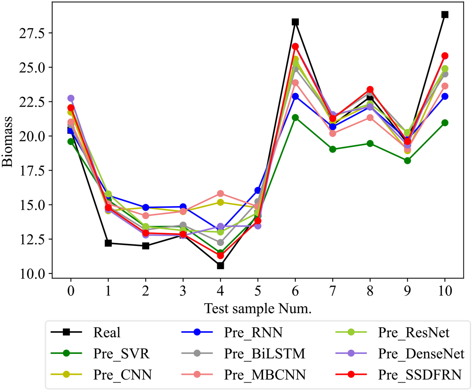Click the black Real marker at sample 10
(x=445, y=15)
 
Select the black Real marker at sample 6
(x=295, y=22)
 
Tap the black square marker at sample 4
(x=220, y=266)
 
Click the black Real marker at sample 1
(x=108, y=243)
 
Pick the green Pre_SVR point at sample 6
(x=295, y=117)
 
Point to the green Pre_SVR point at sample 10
(x=445, y=123)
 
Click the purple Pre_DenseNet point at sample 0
(x=71, y=98)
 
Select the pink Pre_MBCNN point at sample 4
(x=220, y=194)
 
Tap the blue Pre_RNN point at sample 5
(x=258, y=190)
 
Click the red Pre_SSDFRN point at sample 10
(x=445, y=56)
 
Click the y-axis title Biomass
(x=7, y=141)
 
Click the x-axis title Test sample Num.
(x=258, y=309)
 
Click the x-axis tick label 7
(x=332, y=291)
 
